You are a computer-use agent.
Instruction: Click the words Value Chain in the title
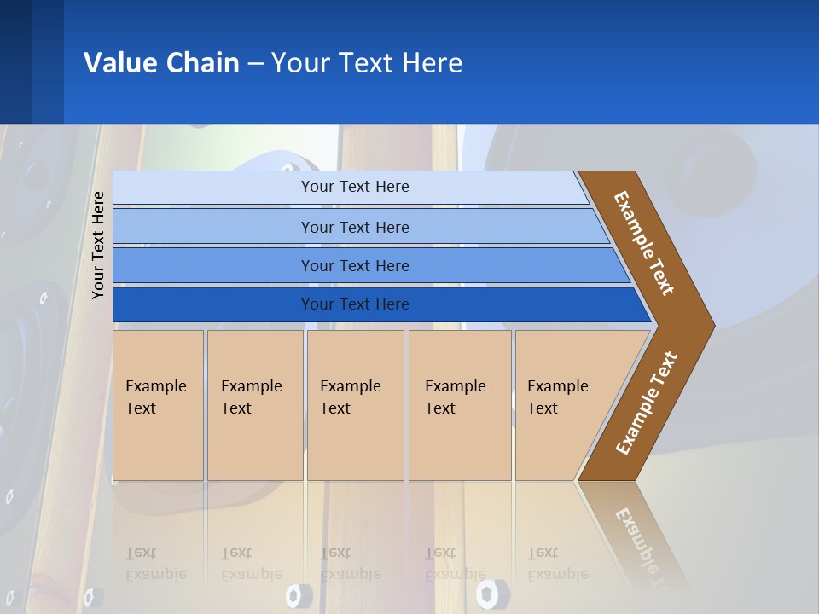tap(161, 63)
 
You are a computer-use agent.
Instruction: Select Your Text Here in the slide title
tap(367, 63)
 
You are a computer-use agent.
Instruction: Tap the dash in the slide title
tap(255, 64)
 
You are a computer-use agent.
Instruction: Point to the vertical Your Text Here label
tap(98, 245)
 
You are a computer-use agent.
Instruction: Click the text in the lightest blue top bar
tap(355, 187)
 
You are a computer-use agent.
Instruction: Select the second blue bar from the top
tap(355, 227)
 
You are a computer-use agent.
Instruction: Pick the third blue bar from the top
tap(355, 266)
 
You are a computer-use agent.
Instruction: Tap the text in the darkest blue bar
tap(355, 304)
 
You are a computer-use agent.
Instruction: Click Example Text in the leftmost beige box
tap(155, 397)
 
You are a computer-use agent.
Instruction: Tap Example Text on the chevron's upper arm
tap(644, 243)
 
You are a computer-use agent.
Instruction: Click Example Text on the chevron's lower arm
tap(646, 403)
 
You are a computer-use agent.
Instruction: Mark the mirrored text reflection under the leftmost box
tap(155, 564)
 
